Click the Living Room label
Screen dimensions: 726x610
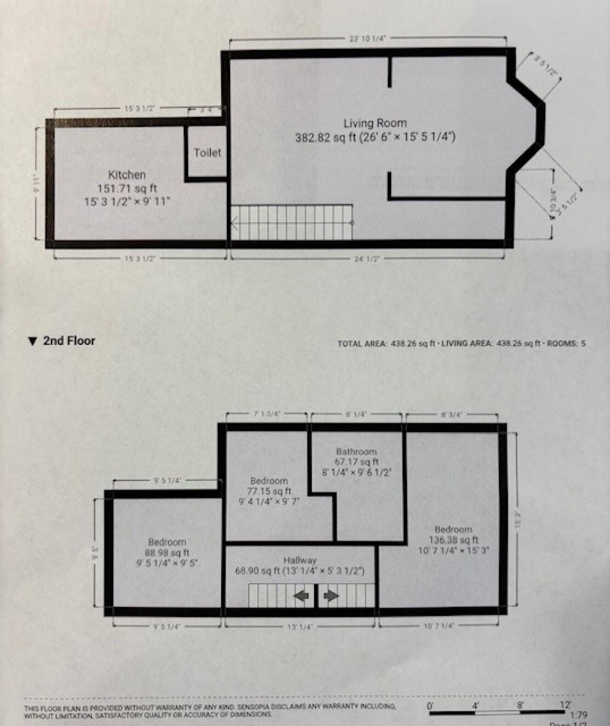point(375,123)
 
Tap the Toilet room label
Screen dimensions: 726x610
point(207,153)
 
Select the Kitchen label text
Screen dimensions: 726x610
point(127,175)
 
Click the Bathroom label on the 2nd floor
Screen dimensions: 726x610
point(356,452)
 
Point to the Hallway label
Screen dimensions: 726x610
point(300,560)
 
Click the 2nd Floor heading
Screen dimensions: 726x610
point(69,341)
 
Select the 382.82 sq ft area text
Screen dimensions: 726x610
point(325,137)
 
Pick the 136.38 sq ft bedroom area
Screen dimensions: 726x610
point(453,540)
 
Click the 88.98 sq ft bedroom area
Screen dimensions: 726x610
point(167,553)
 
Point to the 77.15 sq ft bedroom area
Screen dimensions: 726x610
point(269,491)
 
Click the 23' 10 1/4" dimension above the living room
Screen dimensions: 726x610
point(367,38)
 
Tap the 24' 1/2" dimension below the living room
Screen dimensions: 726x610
point(367,259)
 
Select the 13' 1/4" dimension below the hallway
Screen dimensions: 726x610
point(300,627)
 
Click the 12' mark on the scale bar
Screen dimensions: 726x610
point(565,704)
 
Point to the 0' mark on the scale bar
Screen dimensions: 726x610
point(430,705)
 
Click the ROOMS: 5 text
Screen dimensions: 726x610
point(566,343)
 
